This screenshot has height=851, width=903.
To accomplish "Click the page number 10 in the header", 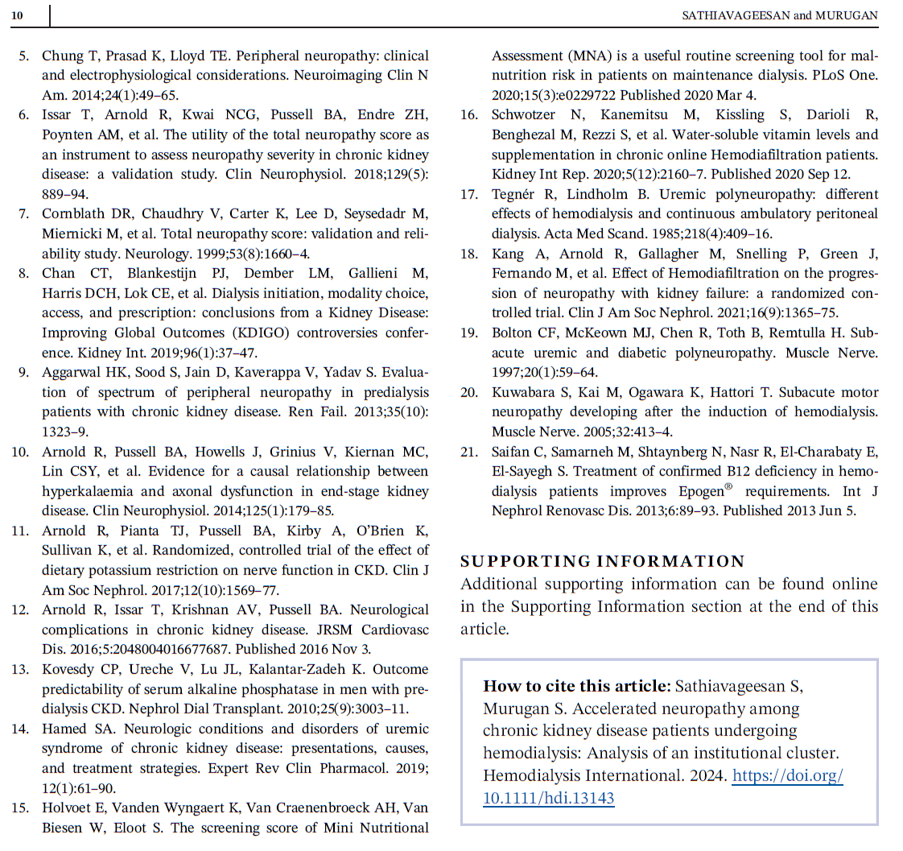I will (17, 15).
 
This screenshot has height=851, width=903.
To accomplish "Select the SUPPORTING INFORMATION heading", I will (603, 561).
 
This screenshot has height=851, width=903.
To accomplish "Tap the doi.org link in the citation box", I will (663, 787).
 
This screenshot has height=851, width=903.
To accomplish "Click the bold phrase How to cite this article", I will (576, 686).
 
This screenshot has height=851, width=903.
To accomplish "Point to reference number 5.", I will (24, 56).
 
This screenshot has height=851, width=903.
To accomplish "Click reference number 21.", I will (469, 452).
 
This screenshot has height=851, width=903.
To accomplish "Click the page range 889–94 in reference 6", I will (64, 194).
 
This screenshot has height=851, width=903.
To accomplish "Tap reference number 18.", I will (469, 254).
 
